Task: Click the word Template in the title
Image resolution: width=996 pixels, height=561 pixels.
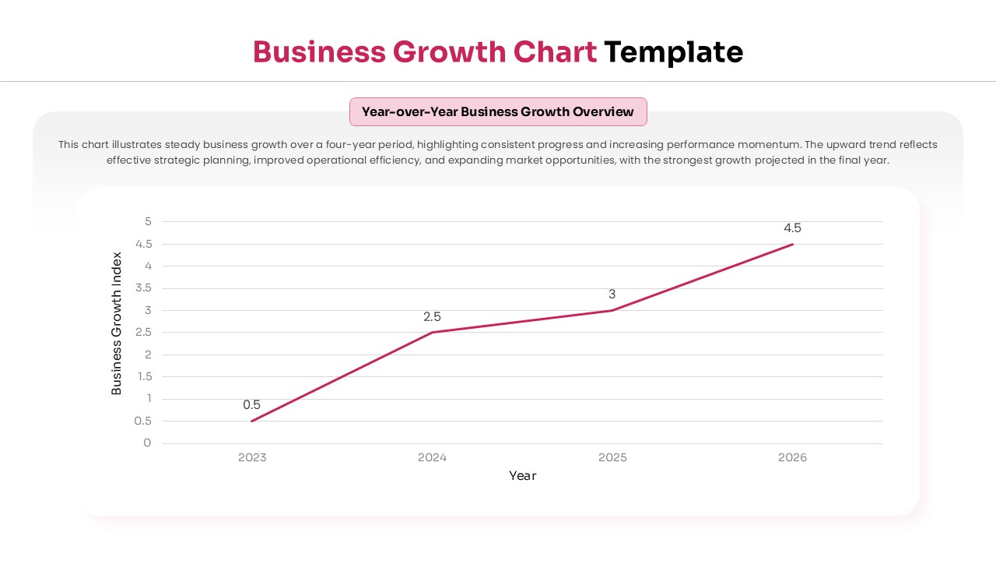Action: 673,52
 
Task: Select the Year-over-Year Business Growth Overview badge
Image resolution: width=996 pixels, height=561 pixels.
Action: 498,111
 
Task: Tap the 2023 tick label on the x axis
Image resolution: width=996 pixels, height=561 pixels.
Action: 252,457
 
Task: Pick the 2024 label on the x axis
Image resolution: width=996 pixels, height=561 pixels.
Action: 432,457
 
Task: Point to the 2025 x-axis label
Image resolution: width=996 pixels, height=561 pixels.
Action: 612,457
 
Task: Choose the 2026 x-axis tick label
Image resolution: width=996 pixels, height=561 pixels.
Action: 792,457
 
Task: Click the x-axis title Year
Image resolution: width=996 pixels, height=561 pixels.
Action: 522,475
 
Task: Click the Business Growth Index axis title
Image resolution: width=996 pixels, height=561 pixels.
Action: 117,323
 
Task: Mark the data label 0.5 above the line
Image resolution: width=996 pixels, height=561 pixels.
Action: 251,404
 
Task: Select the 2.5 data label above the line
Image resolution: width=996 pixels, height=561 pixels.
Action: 432,316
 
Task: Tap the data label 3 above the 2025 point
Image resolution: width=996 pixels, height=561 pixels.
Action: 612,294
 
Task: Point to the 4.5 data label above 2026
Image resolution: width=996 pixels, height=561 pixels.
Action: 792,228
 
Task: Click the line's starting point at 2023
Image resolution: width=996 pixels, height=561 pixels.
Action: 252,421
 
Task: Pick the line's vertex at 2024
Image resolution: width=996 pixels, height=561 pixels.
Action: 432,333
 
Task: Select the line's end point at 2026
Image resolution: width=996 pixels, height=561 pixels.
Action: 792,245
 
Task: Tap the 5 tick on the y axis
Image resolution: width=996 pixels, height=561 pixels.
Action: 148,221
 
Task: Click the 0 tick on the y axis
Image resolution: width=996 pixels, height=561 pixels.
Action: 147,443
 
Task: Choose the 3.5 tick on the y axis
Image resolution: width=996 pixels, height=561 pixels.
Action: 143,288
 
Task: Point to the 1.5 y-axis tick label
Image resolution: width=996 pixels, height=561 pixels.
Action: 143,376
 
